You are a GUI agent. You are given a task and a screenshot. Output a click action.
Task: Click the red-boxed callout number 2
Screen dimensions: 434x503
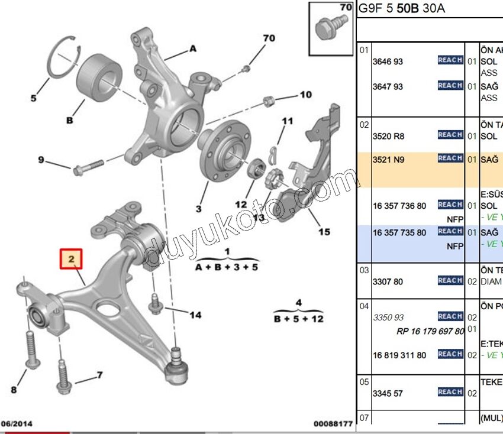pyautogui.click(x=71, y=258)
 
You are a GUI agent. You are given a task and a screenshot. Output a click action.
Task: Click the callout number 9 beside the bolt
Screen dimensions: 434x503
pyautogui.click(x=41, y=160)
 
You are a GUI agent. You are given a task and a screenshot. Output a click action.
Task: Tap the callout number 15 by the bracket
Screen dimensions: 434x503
pyautogui.click(x=324, y=232)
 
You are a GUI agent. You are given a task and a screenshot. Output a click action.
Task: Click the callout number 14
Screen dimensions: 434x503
pyautogui.click(x=195, y=315)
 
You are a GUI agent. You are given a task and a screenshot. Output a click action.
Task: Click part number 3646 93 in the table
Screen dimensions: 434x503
pyautogui.click(x=388, y=61)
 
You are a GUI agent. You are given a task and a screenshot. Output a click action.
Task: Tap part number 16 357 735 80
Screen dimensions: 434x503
pyautogui.click(x=399, y=233)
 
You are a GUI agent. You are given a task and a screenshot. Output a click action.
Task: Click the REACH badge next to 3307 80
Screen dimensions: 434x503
pyautogui.click(x=450, y=280)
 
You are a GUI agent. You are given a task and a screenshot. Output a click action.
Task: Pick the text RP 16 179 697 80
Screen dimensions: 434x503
pyautogui.click(x=430, y=331)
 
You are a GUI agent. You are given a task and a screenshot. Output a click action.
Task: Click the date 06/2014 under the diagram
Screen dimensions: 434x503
pyautogui.click(x=17, y=423)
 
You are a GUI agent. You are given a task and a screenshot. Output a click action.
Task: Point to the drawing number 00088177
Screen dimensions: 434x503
pyautogui.click(x=333, y=423)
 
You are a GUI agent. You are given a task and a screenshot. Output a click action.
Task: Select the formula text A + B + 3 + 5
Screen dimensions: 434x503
pyautogui.click(x=226, y=267)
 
